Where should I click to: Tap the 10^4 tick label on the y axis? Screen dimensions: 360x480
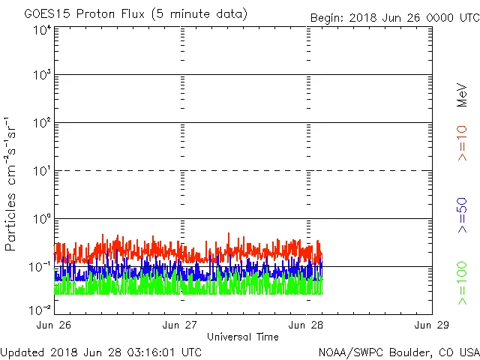click(x=41, y=31)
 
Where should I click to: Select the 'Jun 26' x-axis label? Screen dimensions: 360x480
click(x=54, y=325)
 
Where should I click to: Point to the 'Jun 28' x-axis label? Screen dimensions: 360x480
click(x=306, y=325)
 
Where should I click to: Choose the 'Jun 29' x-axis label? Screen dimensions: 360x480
click(x=432, y=325)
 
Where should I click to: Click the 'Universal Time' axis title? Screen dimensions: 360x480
click(x=243, y=337)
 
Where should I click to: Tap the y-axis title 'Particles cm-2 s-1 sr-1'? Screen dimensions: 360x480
click(x=12, y=184)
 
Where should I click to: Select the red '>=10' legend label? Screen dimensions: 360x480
click(x=463, y=143)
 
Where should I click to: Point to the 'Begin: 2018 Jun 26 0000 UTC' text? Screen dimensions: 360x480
click(x=394, y=18)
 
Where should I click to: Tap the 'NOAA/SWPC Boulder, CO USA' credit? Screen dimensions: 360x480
click(x=398, y=352)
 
